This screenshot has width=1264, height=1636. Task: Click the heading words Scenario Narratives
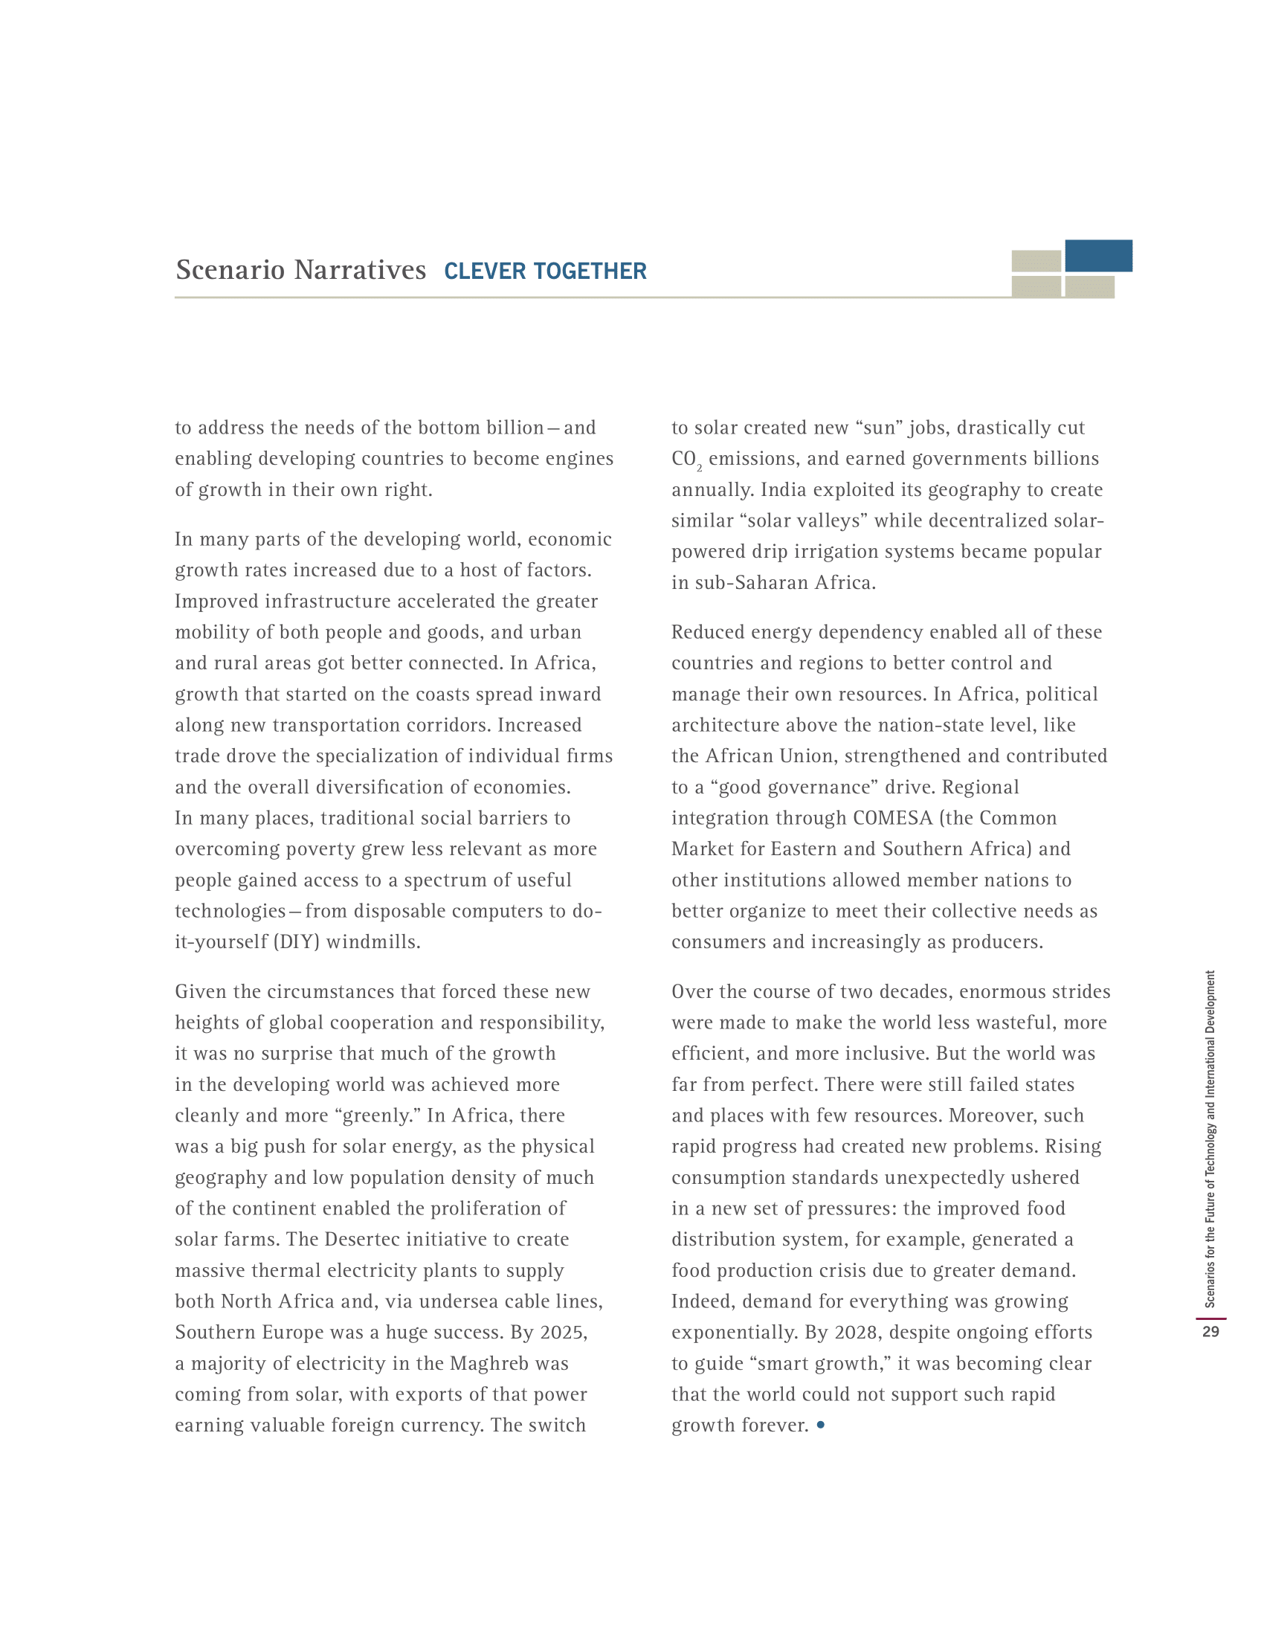point(300,270)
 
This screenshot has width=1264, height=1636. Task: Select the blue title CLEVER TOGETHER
point(545,271)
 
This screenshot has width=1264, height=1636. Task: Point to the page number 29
point(1210,1331)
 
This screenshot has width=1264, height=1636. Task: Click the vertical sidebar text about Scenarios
point(1210,1139)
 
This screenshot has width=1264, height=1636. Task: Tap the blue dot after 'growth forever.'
point(821,1424)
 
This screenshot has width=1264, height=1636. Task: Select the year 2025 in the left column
point(563,1332)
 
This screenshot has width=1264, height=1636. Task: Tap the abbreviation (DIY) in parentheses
point(297,941)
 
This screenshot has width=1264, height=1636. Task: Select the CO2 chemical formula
point(686,459)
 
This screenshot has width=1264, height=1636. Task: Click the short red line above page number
point(1210,1318)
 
